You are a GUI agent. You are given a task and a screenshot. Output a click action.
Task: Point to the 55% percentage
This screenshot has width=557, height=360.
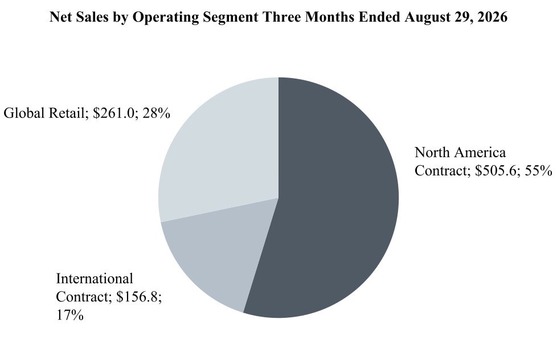(539, 171)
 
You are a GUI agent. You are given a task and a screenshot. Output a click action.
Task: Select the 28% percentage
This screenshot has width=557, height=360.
(156, 113)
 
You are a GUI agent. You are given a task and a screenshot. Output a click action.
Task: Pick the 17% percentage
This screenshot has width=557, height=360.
(70, 315)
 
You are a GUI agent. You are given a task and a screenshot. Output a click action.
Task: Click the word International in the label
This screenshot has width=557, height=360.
(95, 279)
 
